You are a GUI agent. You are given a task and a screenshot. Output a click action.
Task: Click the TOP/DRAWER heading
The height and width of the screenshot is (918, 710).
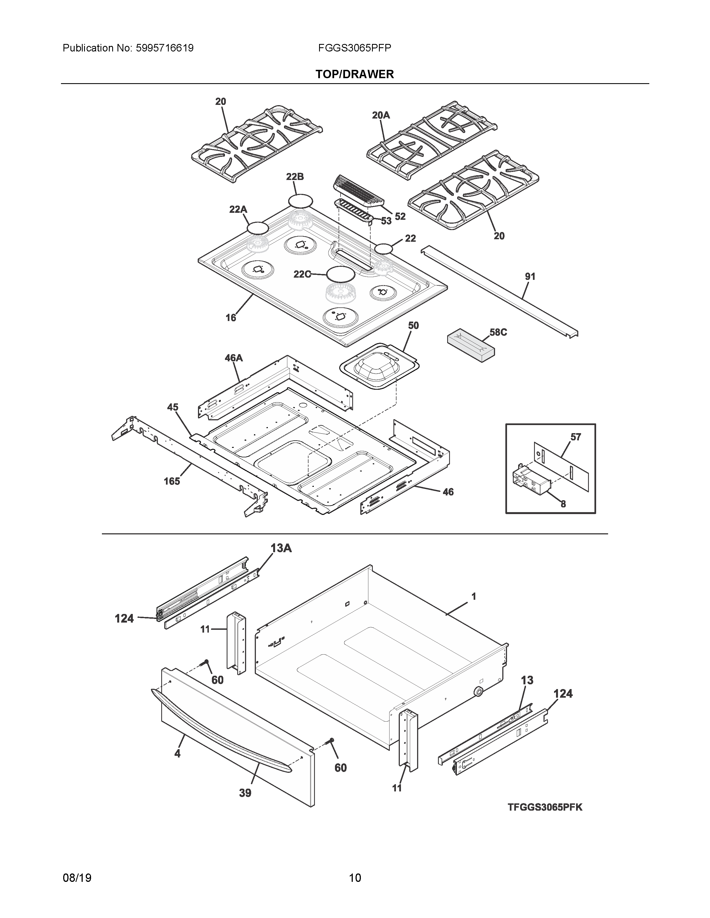[x=354, y=74]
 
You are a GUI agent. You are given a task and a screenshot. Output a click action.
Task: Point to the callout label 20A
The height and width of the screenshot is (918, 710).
[x=381, y=115]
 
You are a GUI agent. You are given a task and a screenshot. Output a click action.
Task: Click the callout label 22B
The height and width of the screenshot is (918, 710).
[x=295, y=177]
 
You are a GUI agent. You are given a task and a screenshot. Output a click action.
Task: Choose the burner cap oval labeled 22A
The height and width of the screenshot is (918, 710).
[x=258, y=228]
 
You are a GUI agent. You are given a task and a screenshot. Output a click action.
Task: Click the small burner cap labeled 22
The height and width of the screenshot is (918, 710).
[x=384, y=249]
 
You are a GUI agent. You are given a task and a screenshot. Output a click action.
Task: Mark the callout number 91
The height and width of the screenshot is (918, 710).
[x=530, y=276]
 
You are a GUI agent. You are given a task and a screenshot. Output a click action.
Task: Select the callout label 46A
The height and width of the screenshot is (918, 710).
[x=233, y=358]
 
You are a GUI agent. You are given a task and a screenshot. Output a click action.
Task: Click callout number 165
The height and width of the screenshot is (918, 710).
[x=172, y=481]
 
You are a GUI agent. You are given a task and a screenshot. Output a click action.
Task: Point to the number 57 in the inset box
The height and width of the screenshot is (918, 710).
[x=576, y=437]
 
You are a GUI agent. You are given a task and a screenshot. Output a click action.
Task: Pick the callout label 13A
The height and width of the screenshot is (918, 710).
[x=281, y=548]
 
